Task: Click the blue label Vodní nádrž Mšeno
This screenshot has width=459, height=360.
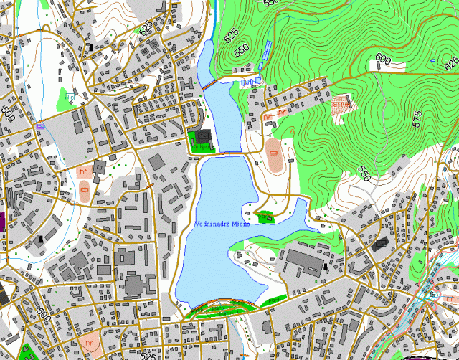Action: tap(222, 224)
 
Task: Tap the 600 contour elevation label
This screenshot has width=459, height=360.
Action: tap(382, 60)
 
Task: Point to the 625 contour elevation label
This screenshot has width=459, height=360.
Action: tap(450, 64)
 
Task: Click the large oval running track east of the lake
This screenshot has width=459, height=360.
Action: tap(274, 151)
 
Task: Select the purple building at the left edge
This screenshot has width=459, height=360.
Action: tap(2, 220)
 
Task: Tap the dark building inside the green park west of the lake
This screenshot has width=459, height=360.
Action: tap(204, 136)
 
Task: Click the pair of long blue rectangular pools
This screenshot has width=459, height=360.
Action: tap(265, 52)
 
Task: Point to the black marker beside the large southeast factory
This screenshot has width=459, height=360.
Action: tap(326, 267)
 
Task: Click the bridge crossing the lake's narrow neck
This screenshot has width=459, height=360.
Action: tap(230, 153)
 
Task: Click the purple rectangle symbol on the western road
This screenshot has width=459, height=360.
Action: tap(40, 126)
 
